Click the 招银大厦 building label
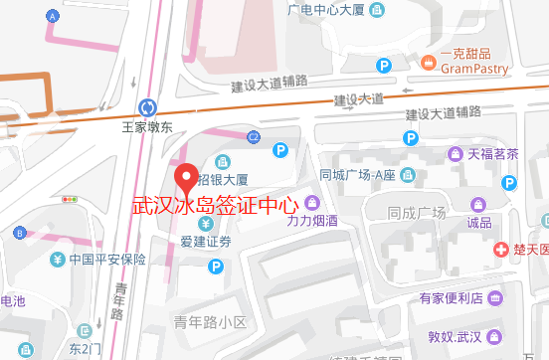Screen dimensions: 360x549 coord(222,181)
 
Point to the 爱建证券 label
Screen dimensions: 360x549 coord(206,241)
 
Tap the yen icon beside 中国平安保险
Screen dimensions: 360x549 coord(57,261)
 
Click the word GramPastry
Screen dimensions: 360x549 coord(474,70)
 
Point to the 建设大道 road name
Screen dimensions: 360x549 coord(358,100)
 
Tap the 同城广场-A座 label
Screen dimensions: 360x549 coord(358,174)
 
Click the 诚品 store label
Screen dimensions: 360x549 coord(479,222)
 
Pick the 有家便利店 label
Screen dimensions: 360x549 coord(449,297)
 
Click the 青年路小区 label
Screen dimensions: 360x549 coord(209,321)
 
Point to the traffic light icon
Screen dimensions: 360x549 coord(70,199)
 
